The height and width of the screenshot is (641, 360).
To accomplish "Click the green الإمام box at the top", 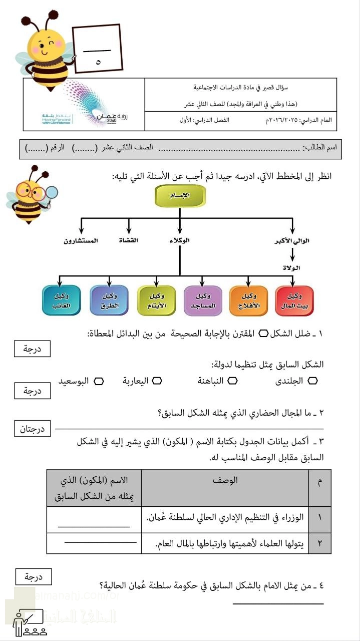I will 180,196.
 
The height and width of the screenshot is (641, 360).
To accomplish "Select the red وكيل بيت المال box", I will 294,300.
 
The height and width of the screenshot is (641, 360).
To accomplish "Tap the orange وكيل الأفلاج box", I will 249,300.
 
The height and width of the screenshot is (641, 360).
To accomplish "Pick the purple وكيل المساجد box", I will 203,300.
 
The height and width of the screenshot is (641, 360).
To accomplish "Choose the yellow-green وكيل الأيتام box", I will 157,300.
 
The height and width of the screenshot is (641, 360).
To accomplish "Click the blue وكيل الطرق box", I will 109,300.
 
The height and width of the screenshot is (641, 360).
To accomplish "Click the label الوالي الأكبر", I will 292,241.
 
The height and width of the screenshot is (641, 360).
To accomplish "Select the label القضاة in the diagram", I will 128,241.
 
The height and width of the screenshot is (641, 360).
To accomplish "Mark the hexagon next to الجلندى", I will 313,381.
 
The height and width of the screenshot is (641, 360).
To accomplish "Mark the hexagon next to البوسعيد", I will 99,381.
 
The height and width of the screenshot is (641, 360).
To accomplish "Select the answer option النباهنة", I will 212,381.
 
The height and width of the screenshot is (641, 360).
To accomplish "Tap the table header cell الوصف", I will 225,481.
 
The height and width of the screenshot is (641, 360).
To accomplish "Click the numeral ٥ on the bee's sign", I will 98,63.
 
